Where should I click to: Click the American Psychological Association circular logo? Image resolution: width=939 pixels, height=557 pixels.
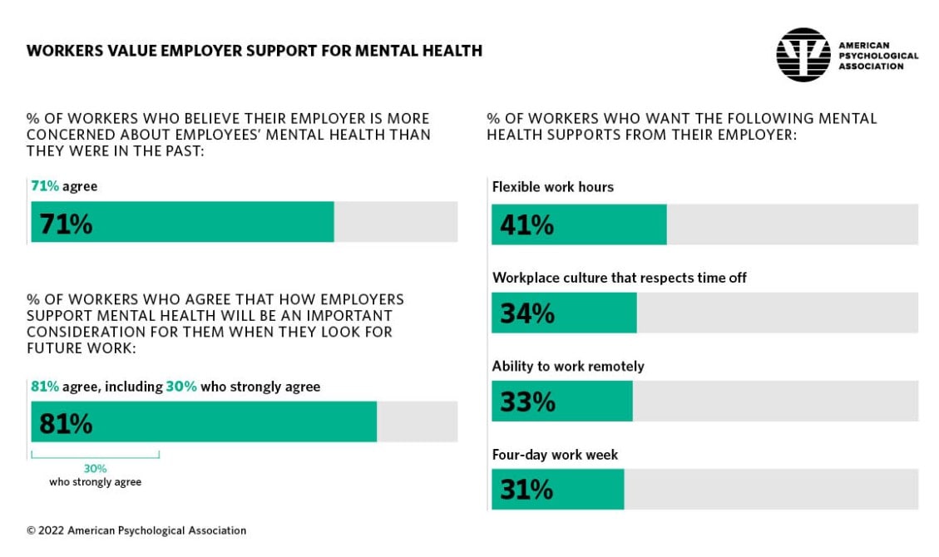pyautogui.click(x=803, y=55)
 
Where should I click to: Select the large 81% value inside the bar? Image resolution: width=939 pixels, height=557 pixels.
pyautogui.click(x=67, y=424)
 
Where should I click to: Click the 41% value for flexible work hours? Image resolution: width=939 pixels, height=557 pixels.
pyautogui.click(x=527, y=225)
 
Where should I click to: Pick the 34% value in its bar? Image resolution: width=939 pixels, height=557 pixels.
pyautogui.click(x=527, y=313)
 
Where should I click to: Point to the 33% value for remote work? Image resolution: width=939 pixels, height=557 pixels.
pyautogui.click(x=527, y=402)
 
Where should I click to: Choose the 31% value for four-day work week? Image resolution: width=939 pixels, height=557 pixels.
pyautogui.click(x=526, y=490)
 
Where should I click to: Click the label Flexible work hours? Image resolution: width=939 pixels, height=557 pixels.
pyautogui.click(x=552, y=187)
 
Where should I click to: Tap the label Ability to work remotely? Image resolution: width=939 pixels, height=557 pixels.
pyautogui.click(x=567, y=366)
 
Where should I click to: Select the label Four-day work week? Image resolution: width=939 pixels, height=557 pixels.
pyautogui.click(x=555, y=455)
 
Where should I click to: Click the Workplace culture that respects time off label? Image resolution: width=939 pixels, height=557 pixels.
pyautogui.click(x=619, y=278)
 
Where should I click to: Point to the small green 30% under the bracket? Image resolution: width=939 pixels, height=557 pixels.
pyautogui.click(x=95, y=468)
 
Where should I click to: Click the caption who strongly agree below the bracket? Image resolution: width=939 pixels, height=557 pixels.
pyautogui.click(x=95, y=482)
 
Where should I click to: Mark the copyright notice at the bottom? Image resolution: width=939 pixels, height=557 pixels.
pyautogui.click(x=136, y=530)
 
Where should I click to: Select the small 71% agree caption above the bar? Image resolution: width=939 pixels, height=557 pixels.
pyautogui.click(x=64, y=186)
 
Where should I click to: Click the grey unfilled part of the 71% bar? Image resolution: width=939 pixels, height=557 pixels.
pyautogui.click(x=395, y=222)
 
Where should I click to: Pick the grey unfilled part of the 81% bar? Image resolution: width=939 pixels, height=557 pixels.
pyautogui.click(x=416, y=422)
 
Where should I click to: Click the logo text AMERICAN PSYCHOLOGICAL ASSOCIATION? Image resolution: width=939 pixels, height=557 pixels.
pyautogui.click(x=878, y=56)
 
